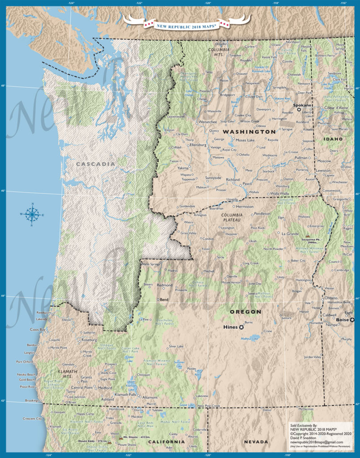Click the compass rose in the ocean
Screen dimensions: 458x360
(32, 215)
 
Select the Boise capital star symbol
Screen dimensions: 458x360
(352, 320)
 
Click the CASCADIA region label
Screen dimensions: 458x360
(96, 164)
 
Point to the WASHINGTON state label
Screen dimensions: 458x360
(249, 132)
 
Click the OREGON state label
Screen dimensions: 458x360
(245, 311)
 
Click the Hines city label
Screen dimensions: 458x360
(230, 327)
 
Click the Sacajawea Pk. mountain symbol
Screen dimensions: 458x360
(307, 235)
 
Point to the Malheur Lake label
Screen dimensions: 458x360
(250, 339)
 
